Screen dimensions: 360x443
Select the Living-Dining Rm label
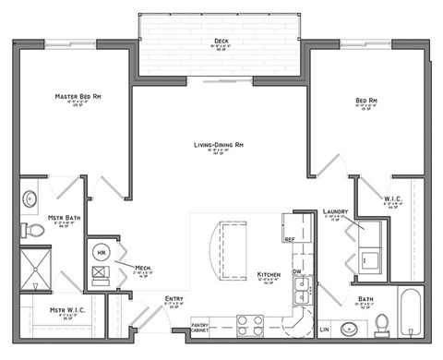click(x=219, y=146)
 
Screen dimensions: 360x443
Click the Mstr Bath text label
click(x=63, y=217)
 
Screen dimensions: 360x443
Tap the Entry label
click(x=173, y=298)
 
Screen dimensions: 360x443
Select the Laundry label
click(x=334, y=211)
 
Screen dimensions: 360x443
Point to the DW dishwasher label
click(x=296, y=271)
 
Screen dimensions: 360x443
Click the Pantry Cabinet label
click(x=200, y=327)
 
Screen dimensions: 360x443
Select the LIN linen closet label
click(x=323, y=329)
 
